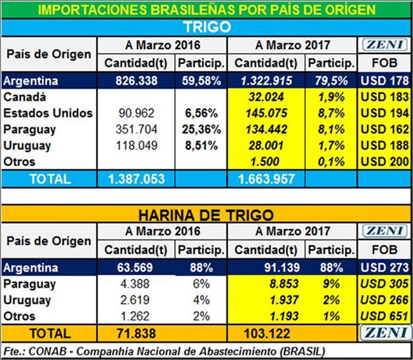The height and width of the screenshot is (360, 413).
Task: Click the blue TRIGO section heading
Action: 206,26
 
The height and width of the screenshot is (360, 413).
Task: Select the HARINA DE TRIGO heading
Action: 206,214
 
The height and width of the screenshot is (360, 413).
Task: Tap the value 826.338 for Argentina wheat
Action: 136,81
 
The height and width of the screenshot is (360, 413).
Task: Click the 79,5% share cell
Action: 331,81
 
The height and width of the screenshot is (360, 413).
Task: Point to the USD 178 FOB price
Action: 384,81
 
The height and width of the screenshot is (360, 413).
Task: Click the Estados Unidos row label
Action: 48,114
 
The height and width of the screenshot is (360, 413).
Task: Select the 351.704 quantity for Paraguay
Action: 136,130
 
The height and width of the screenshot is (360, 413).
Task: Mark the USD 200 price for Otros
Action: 384,162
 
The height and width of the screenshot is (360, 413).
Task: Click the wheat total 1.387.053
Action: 136,179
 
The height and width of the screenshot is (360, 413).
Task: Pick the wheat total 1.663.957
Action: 265,179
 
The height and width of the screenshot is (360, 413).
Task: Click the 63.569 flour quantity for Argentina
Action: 136,268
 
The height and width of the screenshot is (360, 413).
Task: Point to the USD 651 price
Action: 384,316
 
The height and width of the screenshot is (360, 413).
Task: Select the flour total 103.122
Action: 265,334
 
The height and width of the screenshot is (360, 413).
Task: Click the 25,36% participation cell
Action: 201,130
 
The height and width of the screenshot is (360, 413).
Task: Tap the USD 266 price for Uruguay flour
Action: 384,300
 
